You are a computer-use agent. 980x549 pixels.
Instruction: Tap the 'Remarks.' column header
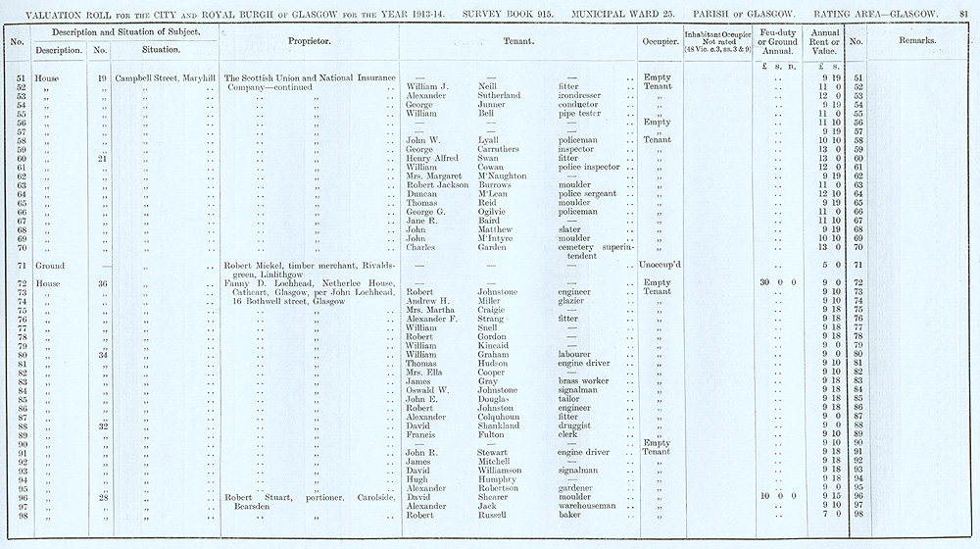pos(916,41)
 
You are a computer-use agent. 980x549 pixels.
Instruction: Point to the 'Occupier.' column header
pos(656,42)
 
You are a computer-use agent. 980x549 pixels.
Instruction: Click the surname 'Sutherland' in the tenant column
pos(499,96)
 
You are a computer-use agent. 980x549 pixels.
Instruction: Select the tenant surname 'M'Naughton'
pos(506,176)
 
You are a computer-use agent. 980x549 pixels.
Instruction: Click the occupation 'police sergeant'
pos(587,194)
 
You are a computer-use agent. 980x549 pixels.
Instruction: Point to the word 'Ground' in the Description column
pos(50,266)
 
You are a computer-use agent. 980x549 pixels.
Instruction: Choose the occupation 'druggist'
pos(576,425)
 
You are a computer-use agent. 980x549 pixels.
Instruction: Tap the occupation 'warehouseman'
pos(589,505)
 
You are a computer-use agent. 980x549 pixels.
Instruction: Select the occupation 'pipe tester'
pos(579,114)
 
